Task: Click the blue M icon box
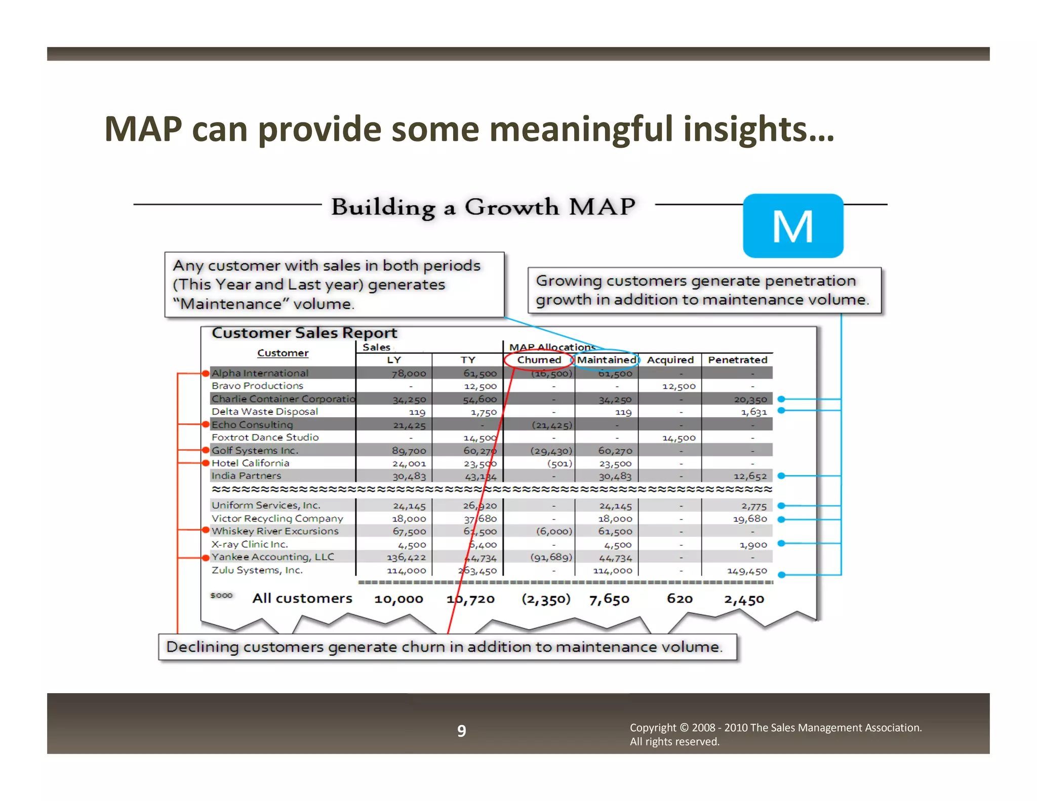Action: [792, 226]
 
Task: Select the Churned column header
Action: [539, 360]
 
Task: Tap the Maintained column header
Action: [607, 360]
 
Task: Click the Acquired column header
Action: [670, 360]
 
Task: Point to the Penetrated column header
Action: [737, 360]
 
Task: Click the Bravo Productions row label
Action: [257, 386]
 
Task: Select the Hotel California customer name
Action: [250, 463]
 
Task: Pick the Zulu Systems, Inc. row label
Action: [257, 570]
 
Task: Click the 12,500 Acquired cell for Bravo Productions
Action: [679, 386]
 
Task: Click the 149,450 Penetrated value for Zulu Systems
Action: [747, 571]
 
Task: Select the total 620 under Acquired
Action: [680, 599]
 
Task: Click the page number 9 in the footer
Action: [461, 731]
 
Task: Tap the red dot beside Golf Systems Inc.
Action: [206, 450]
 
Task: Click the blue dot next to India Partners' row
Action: [781, 476]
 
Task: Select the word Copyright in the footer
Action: [653, 728]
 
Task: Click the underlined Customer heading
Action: [283, 353]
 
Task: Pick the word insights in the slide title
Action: [759, 129]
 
